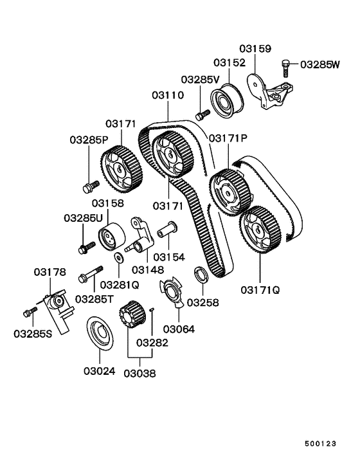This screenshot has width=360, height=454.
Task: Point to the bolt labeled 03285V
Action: pos(201,114)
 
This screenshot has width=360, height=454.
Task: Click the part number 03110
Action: pos(168,95)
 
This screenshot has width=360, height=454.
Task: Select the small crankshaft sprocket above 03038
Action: pos(130,316)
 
